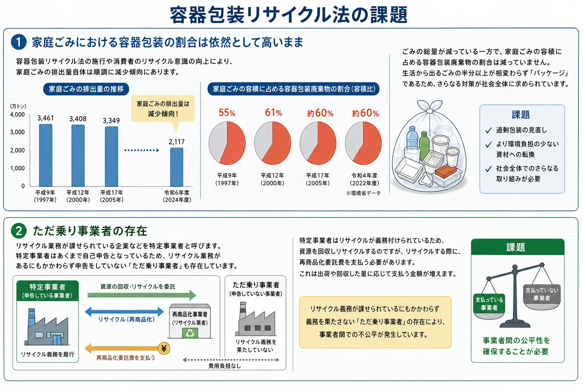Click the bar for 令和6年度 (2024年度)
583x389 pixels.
(177, 167)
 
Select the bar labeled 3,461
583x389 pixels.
(46, 155)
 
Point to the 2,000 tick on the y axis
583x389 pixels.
(17, 150)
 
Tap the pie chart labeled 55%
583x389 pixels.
(227, 143)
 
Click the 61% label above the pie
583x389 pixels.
(274, 112)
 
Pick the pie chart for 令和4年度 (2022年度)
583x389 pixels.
(363, 143)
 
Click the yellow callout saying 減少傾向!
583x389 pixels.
(163, 109)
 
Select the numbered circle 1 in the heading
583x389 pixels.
(19, 42)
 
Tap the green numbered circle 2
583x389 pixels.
(19, 231)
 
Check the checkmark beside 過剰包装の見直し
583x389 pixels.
(488, 130)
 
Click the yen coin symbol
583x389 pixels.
(164, 348)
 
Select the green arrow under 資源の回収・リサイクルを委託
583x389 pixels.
(142, 295)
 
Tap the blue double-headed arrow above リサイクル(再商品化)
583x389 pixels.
(124, 312)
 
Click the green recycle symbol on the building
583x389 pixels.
(190, 333)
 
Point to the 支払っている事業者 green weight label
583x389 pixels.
(489, 304)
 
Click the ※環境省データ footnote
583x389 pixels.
(363, 193)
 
